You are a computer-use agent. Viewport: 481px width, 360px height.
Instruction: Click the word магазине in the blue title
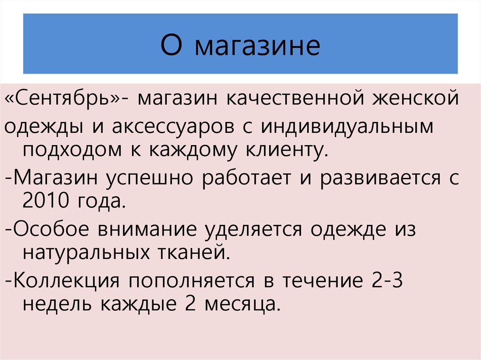(x=257, y=46)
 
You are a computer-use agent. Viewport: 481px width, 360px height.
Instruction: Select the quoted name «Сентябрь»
(x=64, y=100)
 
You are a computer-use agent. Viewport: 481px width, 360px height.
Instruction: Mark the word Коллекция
(x=66, y=282)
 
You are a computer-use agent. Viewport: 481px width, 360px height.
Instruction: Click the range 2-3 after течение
(x=385, y=282)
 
